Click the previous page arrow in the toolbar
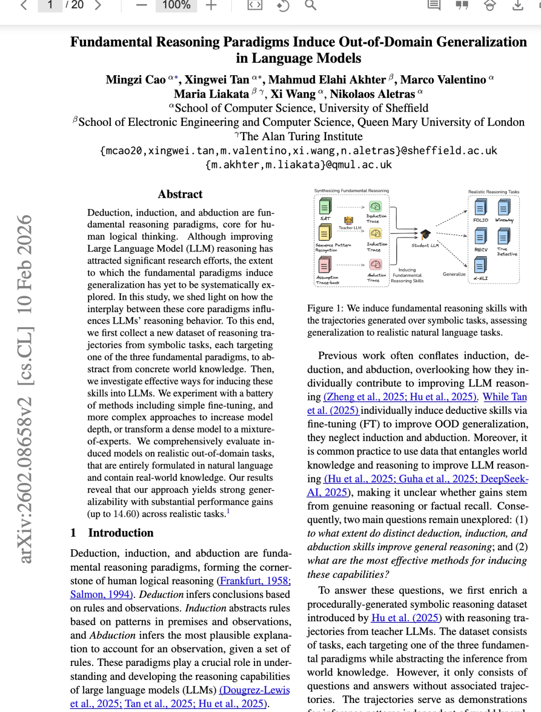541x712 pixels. [x=24, y=5]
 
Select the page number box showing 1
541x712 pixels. [x=50, y=5]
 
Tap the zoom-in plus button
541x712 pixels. [x=211, y=5]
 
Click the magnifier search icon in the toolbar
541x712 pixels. [x=311, y=5]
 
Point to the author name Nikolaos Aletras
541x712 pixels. [x=372, y=94]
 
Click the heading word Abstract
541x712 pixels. [x=180, y=194]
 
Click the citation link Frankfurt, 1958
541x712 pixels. [x=255, y=581]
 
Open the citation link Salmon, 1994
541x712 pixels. [x=101, y=595]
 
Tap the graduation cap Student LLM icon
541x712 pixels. [x=425, y=234]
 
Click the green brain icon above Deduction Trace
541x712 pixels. [x=375, y=206]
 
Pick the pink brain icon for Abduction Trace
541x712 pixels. [x=375, y=264]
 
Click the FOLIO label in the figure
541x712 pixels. [x=480, y=220]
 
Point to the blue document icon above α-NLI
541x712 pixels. [x=480, y=264]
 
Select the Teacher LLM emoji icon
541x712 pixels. [x=349, y=220]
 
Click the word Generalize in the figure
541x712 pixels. [x=454, y=274]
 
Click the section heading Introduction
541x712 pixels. [x=121, y=533]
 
